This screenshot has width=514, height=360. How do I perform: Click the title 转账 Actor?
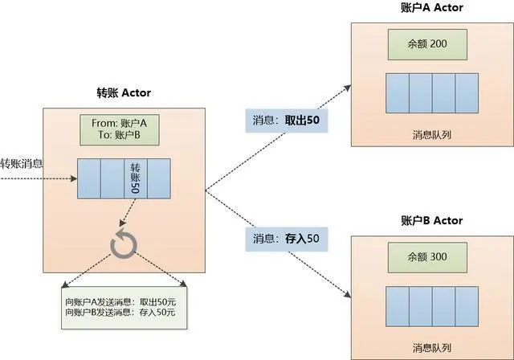tap(124, 92)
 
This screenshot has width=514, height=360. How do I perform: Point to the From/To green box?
tap(120, 130)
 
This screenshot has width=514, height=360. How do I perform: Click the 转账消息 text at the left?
tap(22, 164)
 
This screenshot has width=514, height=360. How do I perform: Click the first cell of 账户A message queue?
tap(397, 96)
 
